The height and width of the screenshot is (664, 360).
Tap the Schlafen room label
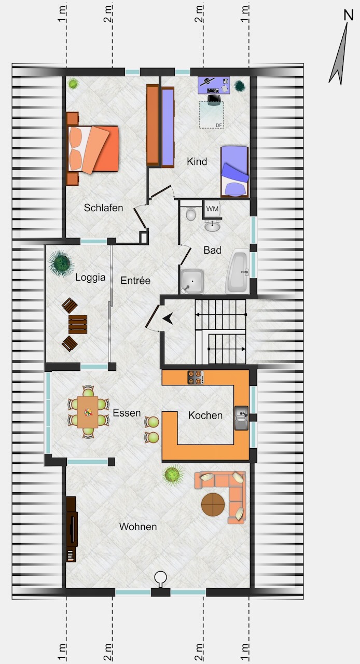click(103, 208)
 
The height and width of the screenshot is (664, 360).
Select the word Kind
click(197, 161)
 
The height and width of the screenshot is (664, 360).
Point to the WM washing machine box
click(212, 209)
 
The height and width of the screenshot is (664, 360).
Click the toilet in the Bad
click(191, 214)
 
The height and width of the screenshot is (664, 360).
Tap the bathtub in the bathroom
click(237, 271)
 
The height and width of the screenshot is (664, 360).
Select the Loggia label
click(90, 278)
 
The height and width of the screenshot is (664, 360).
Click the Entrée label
click(135, 281)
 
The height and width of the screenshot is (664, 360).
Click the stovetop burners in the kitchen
click(196, 377)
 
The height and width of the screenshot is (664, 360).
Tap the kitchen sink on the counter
click(241, 418)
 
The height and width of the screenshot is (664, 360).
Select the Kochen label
click(205, 416)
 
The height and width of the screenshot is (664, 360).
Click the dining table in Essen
click(88, 412)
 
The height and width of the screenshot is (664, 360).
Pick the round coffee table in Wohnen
click(213, 505)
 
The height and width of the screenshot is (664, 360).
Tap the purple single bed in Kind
click(234, 171)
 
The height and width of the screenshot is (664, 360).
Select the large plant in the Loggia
click(61, 263)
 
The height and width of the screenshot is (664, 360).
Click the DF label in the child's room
click(218, 126)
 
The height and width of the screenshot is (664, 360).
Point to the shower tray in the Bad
click(192, 281)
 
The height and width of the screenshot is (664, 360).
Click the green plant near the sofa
click(172, 475)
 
